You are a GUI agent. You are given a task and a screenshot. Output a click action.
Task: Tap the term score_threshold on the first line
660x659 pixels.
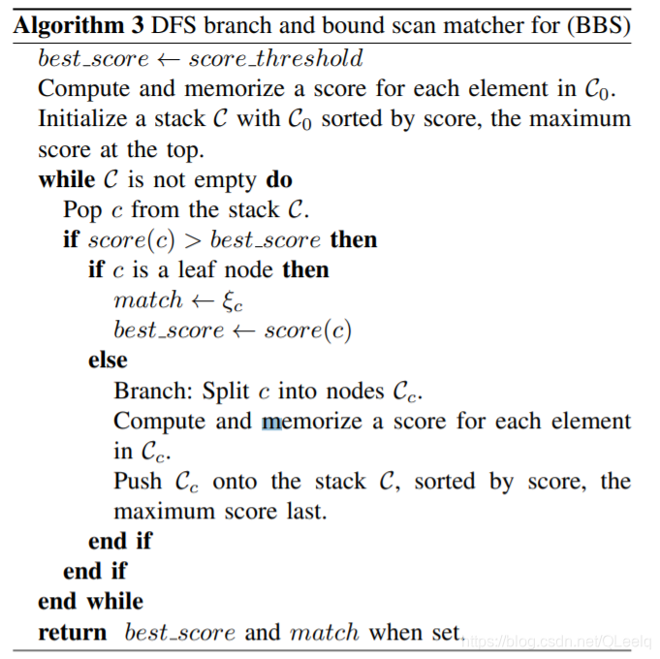[276, 59]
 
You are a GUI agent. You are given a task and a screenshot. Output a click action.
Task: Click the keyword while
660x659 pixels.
[67, 180]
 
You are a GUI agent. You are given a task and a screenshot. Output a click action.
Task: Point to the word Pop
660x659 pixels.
[83, 210]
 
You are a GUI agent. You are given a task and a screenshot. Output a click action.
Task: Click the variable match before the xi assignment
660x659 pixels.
[147, 300]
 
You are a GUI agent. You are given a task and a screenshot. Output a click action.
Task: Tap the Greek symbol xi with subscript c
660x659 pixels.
[230, 302]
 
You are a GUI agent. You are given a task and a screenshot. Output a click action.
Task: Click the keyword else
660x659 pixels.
[108, 361]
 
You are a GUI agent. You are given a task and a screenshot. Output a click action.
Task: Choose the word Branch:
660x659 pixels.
[154, 392]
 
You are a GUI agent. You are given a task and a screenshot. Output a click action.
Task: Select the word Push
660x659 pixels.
[138, 482]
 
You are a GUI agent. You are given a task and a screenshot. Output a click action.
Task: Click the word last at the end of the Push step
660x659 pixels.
[305, 511]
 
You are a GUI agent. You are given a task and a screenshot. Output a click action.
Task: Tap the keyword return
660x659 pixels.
[73, 633]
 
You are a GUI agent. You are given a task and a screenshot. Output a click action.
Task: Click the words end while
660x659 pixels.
[90, 602]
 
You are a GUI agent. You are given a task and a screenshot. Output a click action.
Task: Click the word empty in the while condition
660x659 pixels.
[226, 180]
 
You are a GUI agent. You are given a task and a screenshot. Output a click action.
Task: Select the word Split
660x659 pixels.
[226, 392]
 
